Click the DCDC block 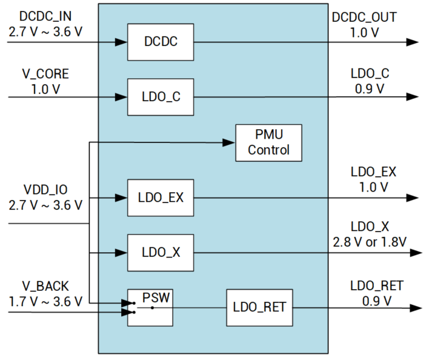(161, 42)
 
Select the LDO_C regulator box (161, 97)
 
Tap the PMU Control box (268, 142)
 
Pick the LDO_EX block (161, 198)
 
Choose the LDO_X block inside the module (161, 252)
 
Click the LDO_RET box (259, 307)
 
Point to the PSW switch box (150, 307)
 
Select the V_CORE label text (45, 74)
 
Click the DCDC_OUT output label (364, 17)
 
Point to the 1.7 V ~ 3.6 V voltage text (45, 301)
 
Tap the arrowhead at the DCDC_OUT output (413, 42)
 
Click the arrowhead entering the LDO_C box (122, 97)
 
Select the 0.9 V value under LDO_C (368, 88)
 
